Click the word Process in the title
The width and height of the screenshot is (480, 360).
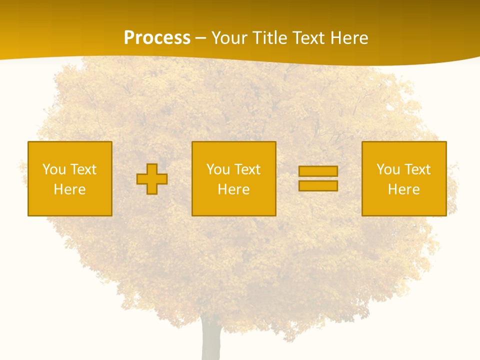(157, 38)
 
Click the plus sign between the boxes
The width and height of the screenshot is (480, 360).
(152, 179)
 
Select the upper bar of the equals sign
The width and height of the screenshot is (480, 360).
(318, 171)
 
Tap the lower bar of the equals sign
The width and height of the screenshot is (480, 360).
(318, 185)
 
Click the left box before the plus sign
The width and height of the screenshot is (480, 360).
(70, 150)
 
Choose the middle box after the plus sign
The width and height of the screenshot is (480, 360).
(233, 150)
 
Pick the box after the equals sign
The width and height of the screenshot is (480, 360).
(404, 150)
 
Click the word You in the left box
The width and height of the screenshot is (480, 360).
(54, 169)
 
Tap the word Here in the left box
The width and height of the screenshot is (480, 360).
(70, 189)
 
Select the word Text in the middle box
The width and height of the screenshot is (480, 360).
(247, 169)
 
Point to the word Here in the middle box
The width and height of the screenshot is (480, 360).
(233, 189)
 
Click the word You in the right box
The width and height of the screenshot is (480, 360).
(388, 169)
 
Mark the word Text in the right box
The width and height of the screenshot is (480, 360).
(417, 169)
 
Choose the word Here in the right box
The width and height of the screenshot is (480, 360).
(404, 189)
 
